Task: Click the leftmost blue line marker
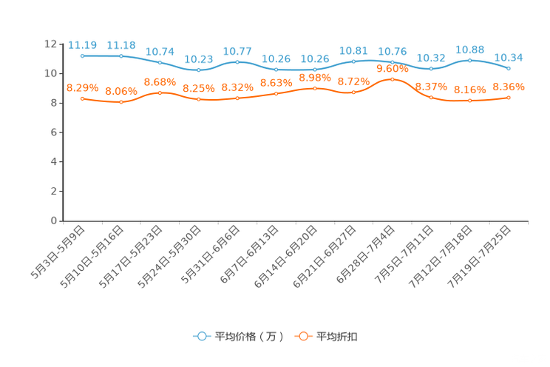[82, 55]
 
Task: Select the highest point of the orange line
[392, 78]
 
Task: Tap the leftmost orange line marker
[82, 98]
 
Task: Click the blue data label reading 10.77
[237, 52]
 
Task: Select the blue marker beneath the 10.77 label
[237, 62]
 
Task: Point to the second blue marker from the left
[121, 55]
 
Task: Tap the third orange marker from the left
[160, 93]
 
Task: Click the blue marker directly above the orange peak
[392, 62]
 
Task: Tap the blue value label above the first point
[82, 45]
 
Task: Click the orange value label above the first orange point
[82, 87]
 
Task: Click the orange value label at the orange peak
[392, 68]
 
